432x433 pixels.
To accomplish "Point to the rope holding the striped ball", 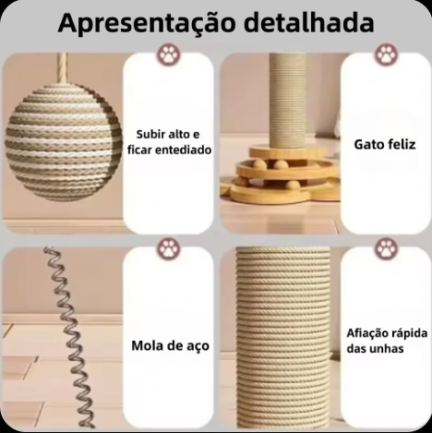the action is tap(63, 68).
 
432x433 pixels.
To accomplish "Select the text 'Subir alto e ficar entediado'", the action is tap(169, 142).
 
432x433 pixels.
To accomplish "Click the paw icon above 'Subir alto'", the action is tap(169, 54).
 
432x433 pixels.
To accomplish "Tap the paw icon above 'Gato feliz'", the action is tap(387, 54).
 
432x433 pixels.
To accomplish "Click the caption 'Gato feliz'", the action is tap(385, 144).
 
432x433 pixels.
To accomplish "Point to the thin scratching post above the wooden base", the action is tap(286, 100).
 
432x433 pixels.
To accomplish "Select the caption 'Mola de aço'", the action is tap(170, 345).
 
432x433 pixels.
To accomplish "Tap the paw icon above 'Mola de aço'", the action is tap(169, 248).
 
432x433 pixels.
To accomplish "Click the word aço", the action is tap(198, 346).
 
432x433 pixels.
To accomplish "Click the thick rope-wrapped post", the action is tap(283, 337).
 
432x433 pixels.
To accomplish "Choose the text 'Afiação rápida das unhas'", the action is tap(387, 341).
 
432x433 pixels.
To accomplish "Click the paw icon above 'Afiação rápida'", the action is tap(387, 248).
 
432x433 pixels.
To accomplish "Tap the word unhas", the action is tap(388, 349).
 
